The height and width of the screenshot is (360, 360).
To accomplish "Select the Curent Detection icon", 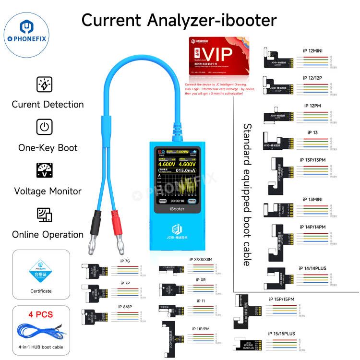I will [x=44, y=84].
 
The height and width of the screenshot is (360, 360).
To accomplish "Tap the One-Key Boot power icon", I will [x=44, y=127].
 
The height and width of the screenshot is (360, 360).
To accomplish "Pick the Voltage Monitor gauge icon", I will [x=44, y=171].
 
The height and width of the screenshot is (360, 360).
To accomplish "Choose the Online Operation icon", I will [x=44, y=214].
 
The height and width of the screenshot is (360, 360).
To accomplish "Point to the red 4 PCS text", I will [x=41, y=315].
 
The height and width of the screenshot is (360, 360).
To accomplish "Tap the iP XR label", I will [x=201, y=279].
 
